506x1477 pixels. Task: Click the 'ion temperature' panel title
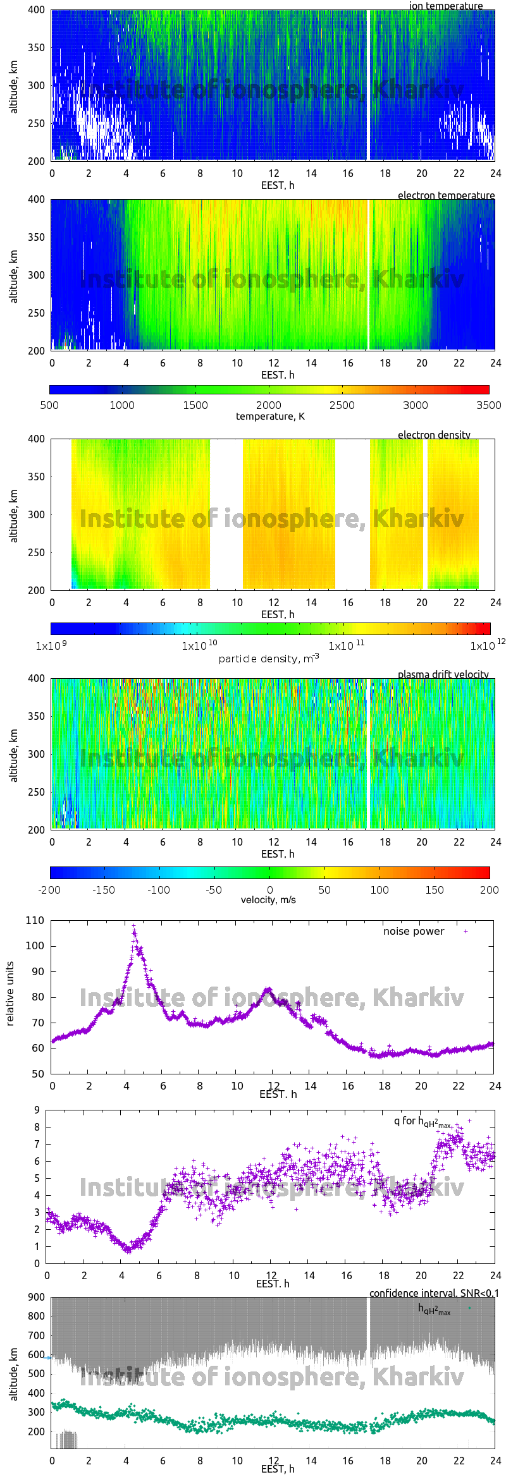click(446, 6)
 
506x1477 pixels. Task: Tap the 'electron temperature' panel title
click(446, 195)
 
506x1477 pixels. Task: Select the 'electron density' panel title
click(434, 435)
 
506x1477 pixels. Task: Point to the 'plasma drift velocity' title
click(443, 674)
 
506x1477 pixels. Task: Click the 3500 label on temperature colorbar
click(488, 405)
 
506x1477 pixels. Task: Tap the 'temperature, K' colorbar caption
click(270, 416)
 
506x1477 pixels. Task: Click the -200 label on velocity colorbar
click(50, 890)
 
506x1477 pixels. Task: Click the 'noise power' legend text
click(414, 932)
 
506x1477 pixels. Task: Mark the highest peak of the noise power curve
click(133, 926)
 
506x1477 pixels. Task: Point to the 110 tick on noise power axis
click(35, 921)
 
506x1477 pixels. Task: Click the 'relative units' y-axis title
click(10, 994)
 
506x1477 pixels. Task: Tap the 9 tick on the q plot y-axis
click(37, 1110)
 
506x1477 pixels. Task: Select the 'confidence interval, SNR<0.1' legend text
click(434, 1293)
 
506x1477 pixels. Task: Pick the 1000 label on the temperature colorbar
click(122, 405)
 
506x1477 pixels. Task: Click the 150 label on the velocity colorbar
click(434, 890)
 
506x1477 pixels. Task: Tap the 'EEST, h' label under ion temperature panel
click(278, 185)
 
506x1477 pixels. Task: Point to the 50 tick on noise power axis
click(37, 1074)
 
